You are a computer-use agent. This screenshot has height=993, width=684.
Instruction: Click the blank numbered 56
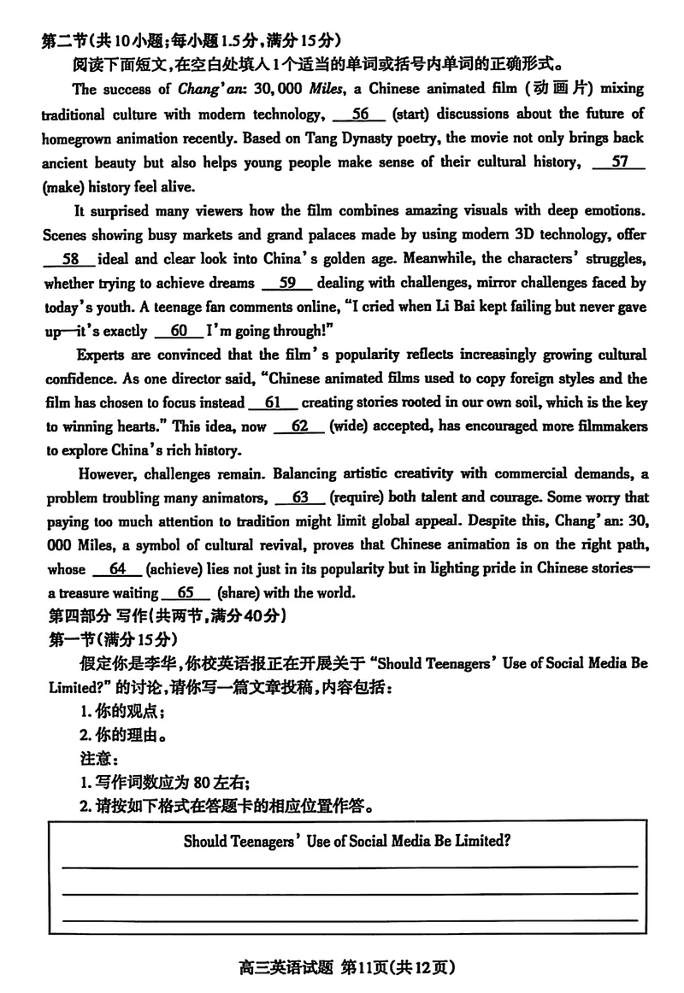click(x=361, y=114)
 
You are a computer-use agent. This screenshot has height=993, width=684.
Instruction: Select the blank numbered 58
click(x=70, y=259)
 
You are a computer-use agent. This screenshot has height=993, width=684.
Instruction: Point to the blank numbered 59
click(x=289, y=283)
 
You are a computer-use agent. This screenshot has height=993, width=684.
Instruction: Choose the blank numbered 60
click(x=179, y=331)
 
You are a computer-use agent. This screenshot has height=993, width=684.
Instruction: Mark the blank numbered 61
click(x=273, y=402)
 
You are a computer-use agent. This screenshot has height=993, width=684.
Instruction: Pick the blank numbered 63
click(x=299, y=496)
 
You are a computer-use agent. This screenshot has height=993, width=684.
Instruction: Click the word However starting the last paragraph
click(x=103, y=473)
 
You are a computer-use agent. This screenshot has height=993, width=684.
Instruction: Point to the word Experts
click(x=102, y=355)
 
